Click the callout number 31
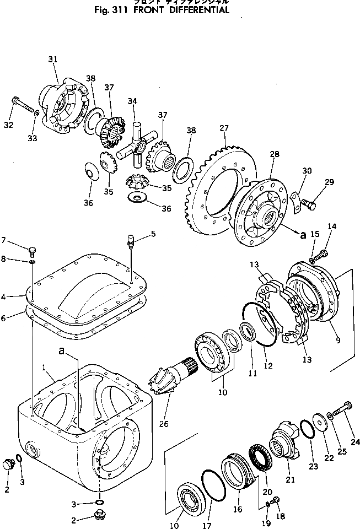(x=53, y=59)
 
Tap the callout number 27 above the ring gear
(x=224, y=128)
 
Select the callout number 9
(x=337, y=340)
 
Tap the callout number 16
(x=238, y=509)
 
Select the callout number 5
(x=153, y=233)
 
